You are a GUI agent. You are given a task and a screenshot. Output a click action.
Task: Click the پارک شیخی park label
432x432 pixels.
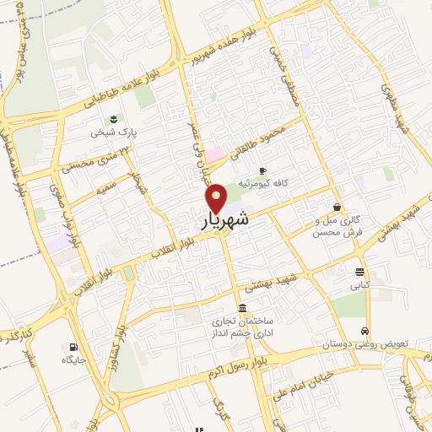(x=114, y=132)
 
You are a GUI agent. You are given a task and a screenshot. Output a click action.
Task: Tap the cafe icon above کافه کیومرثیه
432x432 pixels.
(x=262, y=170)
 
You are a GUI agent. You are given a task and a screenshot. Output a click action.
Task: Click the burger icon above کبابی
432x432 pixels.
(x=360, y=272)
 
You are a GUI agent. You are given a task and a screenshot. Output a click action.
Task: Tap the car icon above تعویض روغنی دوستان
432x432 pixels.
(x=364, y=331)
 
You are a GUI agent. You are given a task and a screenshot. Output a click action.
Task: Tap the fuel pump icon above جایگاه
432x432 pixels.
(x=74, y=346)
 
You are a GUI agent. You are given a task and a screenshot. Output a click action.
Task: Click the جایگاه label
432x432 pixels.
(x=74, y=360)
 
